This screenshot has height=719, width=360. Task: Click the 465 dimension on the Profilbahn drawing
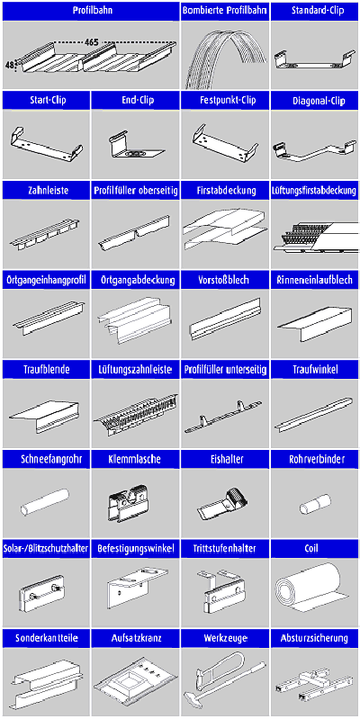(92, 42)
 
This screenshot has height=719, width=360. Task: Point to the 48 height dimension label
(9, 65)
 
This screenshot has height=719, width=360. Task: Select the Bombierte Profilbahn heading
(225, 11)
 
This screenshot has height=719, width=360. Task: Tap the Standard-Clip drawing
(315, 60)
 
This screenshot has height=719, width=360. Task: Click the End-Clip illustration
(134, 147)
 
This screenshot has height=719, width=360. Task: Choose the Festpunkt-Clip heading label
(225, 101)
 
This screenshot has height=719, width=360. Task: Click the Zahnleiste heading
(47, 191)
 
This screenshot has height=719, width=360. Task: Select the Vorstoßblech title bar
(225, 280)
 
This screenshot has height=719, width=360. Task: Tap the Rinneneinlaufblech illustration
(315, 324)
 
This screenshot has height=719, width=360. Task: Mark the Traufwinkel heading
(315, 369)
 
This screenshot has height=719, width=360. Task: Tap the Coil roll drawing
(308, 589)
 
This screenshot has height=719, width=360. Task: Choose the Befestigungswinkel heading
(136, 548)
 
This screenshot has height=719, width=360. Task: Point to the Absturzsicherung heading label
(315, 638)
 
